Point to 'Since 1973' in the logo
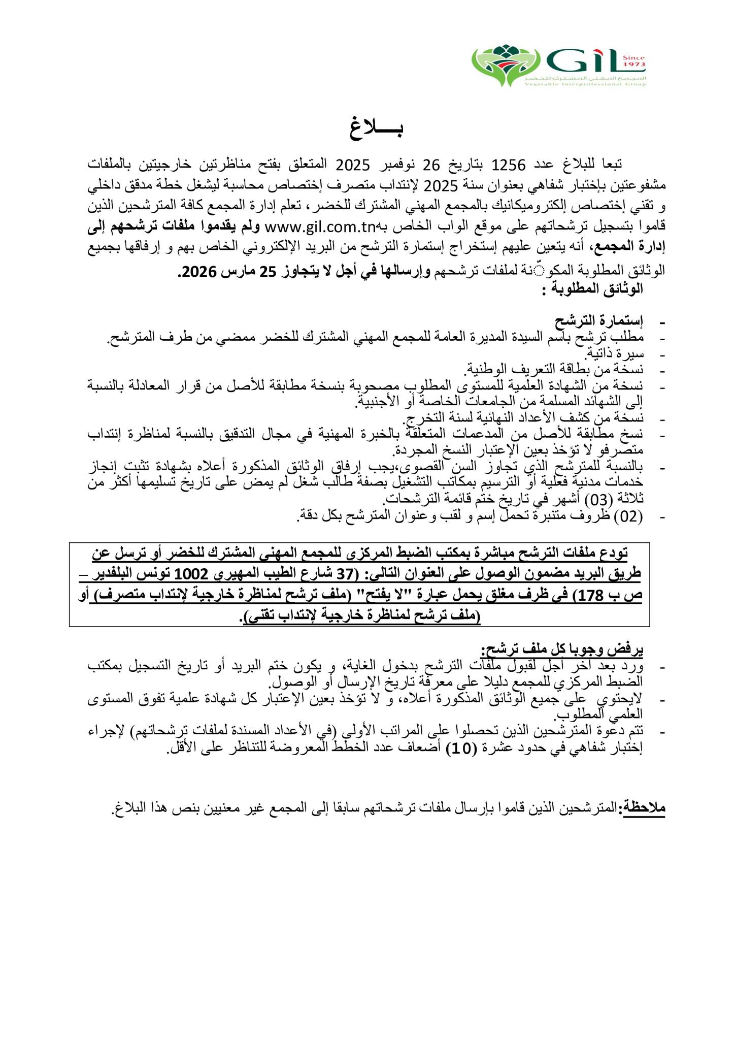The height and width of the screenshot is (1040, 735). (635, 61)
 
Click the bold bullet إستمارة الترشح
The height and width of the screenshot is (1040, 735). (599, 321)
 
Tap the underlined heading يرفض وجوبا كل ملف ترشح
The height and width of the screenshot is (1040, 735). (562, 648)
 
